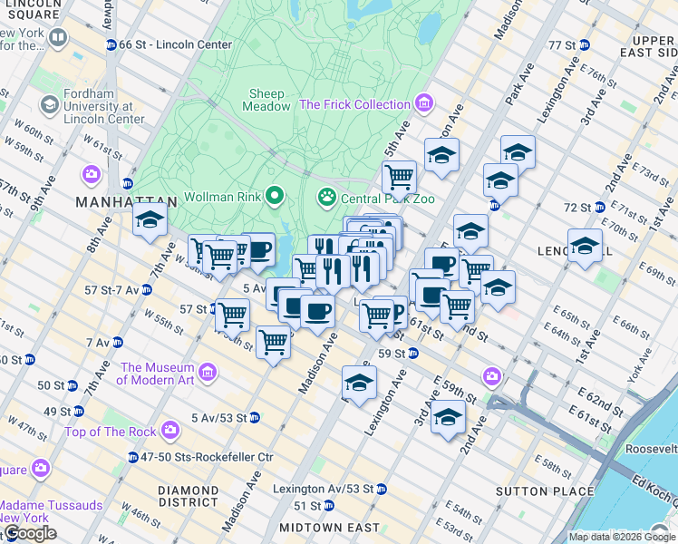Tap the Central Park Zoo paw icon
pyautogui.click(x=325, y=196)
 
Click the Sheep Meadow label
pyautogui.click(x=266, y=100)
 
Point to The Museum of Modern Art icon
pyautogui.click(x=208, y=373)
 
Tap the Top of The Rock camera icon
pyautogui.click(x=169, y=432)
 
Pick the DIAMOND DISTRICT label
pyautogui.click(x=188, y=495)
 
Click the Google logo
pyautogui.click(x=29, y=533)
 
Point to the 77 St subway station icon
pyautogui.click(x=585, y=44)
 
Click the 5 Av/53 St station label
pyautogui.click(x=220, y=418)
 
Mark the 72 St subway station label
pyautogui.click(x=576, y=208)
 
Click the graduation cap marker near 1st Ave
pyautogui.click(x=585, y=245)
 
